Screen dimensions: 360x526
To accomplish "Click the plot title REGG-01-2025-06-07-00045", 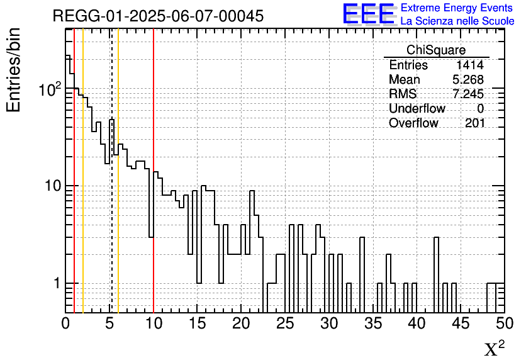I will pyautogui.click(x=158, y=16).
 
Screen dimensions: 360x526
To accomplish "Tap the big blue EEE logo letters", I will pyautogui.click(x=368, y=14).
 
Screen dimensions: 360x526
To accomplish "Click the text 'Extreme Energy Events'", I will pyautogui.click(x=456, y=8).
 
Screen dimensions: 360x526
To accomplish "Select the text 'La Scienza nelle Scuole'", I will pyautogui.click(x=457, y=21).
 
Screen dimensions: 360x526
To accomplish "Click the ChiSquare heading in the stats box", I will pyautogui.click(x=435, y=50).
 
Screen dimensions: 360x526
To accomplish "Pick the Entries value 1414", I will pyautogui.click(x=470, y=65).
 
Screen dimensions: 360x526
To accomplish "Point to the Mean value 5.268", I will pyautogui.click(x=467, y=80).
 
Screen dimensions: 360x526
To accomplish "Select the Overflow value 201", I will pyautogui.click(x=475, y=123).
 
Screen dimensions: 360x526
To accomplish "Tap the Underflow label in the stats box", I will pyautogui.click(x=417, y=109).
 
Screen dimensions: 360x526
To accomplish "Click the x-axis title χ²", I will pyautogui.click(x=494, y=349).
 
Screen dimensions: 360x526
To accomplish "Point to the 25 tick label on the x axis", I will pyautogui.click(x=285, y=323).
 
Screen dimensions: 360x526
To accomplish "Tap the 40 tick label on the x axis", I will pyautogui.click(x=417, y=323).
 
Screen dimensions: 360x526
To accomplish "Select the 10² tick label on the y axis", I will pyautogui.click(x=50, y=90).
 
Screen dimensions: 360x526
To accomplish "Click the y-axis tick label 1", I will pyautogui.click(x=55, y=283).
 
